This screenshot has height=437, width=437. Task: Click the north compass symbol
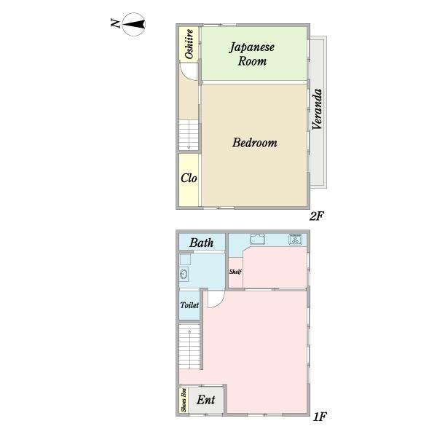click(134, 25)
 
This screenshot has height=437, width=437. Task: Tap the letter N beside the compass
click(115, 23)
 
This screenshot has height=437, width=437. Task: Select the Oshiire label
click(189, 44)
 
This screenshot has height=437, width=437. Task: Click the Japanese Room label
click(252, 54)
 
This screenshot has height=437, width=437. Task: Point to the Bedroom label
click(255, 143)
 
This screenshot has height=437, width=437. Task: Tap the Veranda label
click(317, 109)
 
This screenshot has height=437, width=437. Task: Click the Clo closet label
click(189, 178)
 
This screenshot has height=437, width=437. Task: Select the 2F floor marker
click(317, 216)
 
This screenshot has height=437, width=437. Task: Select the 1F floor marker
click(320, 417)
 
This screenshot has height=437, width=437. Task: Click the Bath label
click(202, 243)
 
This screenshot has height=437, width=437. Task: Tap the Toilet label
click(189, 305)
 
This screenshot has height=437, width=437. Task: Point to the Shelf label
click(235, 272)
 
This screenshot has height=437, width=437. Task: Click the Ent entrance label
click(205, 400)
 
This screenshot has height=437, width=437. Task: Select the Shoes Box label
click(184, 400)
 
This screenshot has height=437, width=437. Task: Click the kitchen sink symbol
click(258, 240)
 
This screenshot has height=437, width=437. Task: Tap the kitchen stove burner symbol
click(296, 240)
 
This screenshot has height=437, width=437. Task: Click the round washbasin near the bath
click(184, 274)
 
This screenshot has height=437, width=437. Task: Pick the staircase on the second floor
click(189, 135)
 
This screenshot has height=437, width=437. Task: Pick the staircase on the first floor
click(189, 346)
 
